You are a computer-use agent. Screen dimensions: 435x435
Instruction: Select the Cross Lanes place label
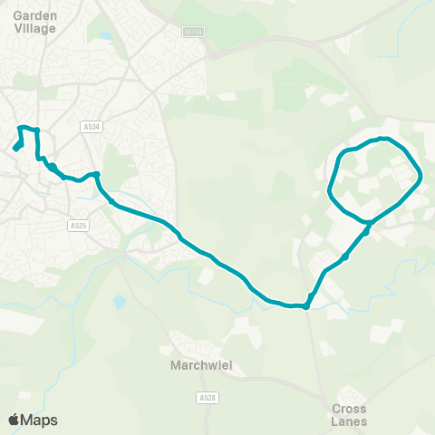click(349, 414)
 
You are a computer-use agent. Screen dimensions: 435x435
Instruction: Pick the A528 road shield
click(205, 397)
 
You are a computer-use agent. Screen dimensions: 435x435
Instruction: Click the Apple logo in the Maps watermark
click(14, 420)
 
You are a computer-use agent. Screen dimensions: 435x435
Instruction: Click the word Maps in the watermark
click(40, 420)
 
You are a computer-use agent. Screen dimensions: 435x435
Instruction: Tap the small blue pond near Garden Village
click(107, 37)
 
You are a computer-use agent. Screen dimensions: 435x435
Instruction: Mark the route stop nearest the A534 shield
click(95, 174)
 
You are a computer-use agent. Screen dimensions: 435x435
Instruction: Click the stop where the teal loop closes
click(369, 222)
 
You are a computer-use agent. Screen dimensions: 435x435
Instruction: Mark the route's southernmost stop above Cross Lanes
click(306, 305)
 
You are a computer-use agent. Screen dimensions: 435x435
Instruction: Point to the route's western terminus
click(15, 148)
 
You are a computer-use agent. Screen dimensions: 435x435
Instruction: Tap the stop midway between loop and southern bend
click(345, 257)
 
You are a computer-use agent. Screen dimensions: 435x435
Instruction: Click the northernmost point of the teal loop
click(384, 139)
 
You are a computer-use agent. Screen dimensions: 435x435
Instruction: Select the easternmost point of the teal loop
click(421, 179)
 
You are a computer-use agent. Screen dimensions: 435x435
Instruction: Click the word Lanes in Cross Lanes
click(349, 420)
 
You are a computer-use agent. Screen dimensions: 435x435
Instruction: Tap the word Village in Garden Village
click(35, 28)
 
